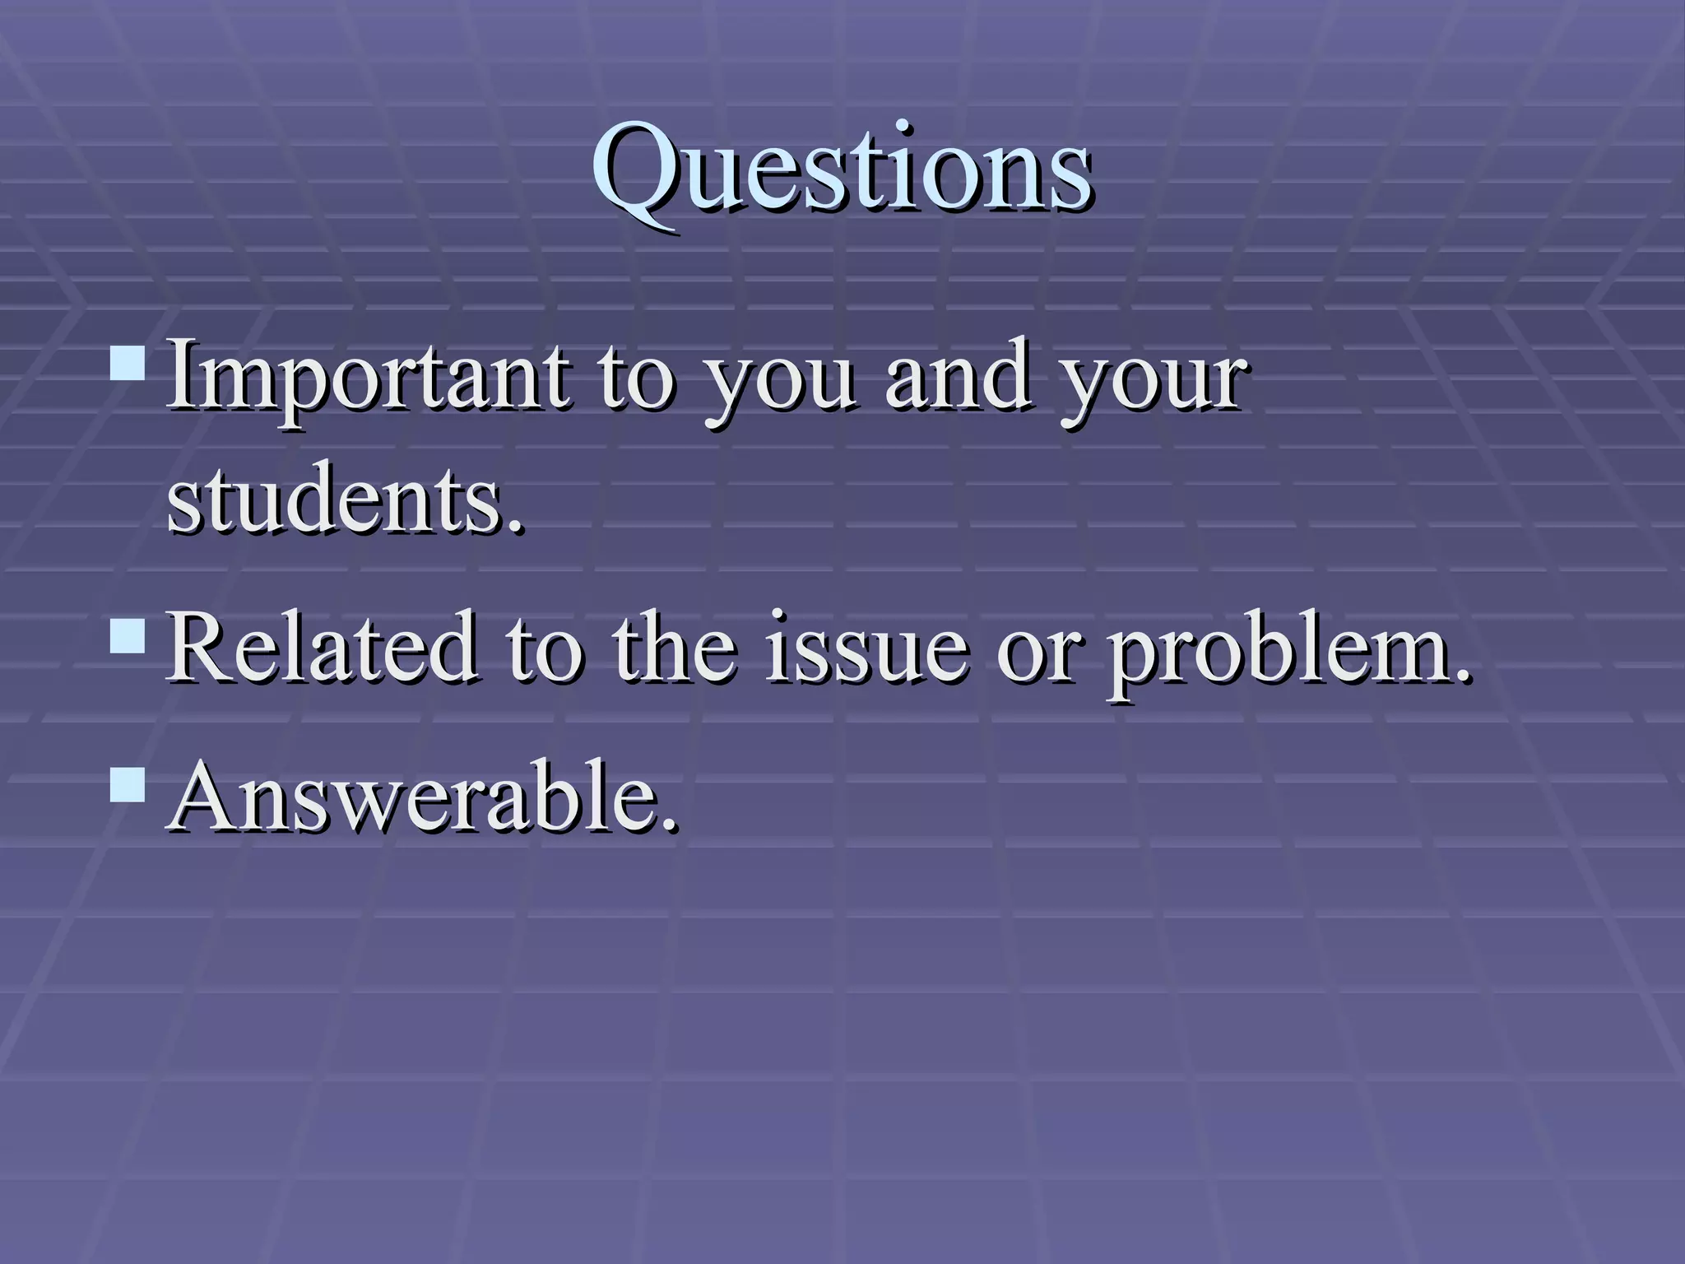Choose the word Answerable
click(x=420, y=797)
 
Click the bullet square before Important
click(x=128, y=361)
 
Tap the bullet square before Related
click(x=128, y=635)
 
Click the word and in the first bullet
click(x=958, y=379)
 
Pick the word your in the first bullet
click(x=1153, y=387)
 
